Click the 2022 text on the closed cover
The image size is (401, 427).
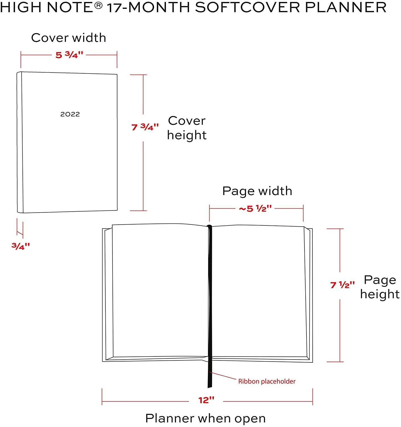(x=70, y=114)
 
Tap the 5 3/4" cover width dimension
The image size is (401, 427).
(x=69, y=55)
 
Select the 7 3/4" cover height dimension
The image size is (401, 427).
(x=145, y=127)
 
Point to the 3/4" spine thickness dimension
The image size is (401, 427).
(x=21, y=246)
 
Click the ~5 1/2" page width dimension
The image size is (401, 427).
(x=255, y=209)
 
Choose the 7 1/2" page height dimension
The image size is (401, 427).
(x=342, y=285)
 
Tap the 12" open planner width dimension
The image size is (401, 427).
(x=206, y=400)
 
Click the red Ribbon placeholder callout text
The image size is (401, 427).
(x=267, y=381)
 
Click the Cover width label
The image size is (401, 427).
(x=69, y=38)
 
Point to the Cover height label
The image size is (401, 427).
(x=187, y=128)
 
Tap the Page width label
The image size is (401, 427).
(x=257, y=191)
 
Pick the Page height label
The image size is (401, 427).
(x=380, y=287)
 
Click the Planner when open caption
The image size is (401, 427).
(x=205, y=418)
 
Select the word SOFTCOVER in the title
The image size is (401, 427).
(x=247, y=7)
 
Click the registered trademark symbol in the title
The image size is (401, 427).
(x=98, y=5)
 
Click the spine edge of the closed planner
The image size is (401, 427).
(x=20, y=142)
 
